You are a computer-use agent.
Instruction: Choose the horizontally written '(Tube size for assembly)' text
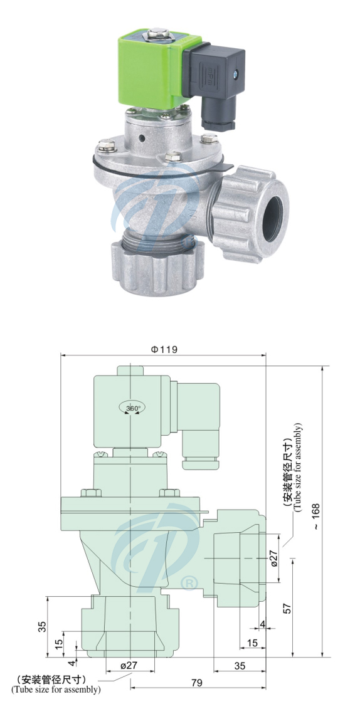tap(56, 690)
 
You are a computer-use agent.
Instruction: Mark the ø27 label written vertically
tap(273, 559)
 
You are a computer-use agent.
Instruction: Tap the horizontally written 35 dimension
tap(239, 666)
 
